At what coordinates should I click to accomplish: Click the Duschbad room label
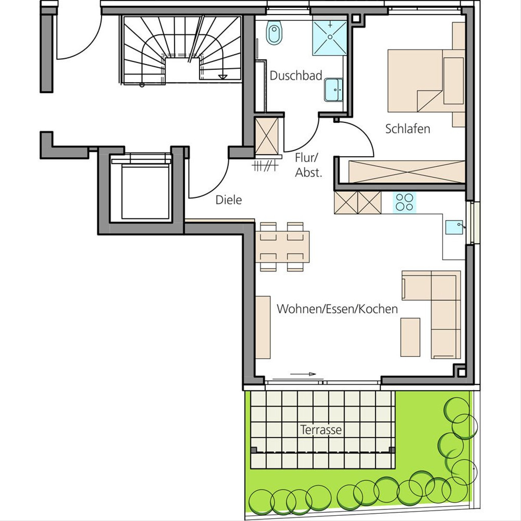296,76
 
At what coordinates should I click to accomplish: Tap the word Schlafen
407,129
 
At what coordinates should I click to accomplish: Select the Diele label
228,200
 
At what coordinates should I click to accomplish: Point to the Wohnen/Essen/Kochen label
337,309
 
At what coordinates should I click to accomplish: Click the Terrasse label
321,429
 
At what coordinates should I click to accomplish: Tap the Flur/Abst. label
308,165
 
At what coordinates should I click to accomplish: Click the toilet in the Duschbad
274,33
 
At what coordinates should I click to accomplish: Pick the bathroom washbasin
333,90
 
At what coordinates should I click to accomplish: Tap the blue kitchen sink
454,227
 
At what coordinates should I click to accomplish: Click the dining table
282,247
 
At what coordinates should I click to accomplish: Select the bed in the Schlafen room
426,81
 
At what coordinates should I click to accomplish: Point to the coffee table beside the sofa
410,337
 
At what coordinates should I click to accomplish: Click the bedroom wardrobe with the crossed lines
407,171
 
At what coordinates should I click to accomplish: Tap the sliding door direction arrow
303,374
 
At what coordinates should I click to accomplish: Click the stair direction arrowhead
223,77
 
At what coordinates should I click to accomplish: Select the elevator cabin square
145,192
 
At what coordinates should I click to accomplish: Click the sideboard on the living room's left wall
263,327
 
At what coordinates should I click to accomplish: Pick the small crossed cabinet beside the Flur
267,136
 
